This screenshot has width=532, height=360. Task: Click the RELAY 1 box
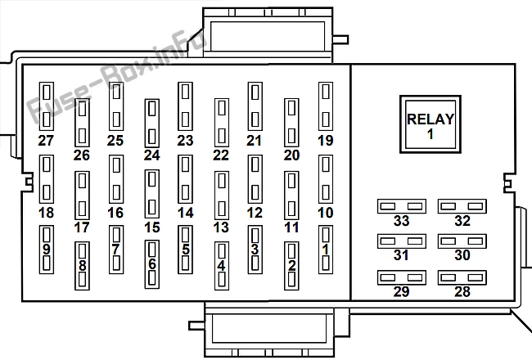431,124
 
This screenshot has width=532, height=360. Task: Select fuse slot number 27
47,106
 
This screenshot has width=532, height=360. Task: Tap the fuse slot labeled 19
326,106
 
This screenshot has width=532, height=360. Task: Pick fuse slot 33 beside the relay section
402,206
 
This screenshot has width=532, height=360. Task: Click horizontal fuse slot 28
462,277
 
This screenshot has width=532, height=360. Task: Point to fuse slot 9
47,250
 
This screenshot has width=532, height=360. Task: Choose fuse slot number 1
326,250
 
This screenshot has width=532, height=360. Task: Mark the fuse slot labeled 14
185,179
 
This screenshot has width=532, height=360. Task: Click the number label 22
221,155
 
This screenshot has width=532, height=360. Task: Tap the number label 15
152,227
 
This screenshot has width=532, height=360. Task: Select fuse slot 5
185,250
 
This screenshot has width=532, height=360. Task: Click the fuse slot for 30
462,241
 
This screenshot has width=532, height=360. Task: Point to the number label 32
462,221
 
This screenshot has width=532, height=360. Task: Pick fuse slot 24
152,123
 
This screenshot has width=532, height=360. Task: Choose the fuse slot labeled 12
255,179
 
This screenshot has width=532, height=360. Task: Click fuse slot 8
82,266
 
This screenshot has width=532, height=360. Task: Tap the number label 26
82,155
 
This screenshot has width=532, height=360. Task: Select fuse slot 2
291,266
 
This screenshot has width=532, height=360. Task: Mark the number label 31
401,255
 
